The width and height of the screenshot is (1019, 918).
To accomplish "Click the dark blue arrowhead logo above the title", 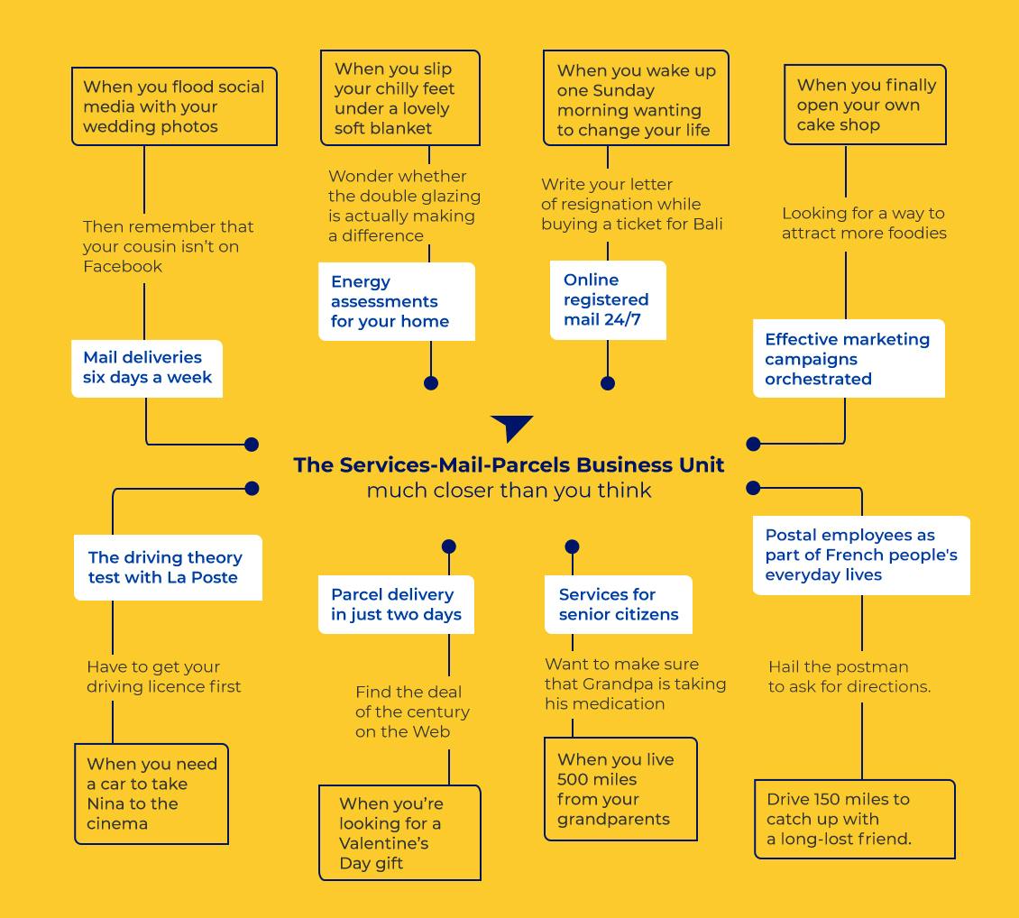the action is tap(512, 427).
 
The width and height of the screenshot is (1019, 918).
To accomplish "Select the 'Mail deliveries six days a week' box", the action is tap(147, 368).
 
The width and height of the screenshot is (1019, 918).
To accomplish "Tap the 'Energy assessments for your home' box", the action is tap(397, 301).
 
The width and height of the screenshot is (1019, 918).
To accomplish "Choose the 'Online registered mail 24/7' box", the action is tap(608, 300).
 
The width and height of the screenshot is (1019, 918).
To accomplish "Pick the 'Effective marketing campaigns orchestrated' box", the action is tap(849, 359).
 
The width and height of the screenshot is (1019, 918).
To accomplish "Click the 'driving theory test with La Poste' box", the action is tap(168, 568).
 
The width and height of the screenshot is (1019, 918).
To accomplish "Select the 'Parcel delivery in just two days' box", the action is tap(396, 604).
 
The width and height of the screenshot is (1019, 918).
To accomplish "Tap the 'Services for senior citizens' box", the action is tap(618, 604).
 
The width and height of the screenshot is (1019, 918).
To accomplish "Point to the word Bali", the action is tap(708, 225).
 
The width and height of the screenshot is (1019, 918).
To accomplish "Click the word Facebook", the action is tap(123, 266).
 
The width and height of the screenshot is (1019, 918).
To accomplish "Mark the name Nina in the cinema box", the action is tap(106, 803).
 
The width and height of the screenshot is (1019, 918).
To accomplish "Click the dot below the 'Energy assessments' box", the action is tap(431, 383).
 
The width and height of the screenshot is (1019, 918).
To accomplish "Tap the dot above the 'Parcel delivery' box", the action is tap(448, 546).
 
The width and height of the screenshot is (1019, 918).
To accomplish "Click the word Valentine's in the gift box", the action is tap(384, 843).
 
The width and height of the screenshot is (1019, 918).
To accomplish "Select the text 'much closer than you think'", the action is tap(509, 490).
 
